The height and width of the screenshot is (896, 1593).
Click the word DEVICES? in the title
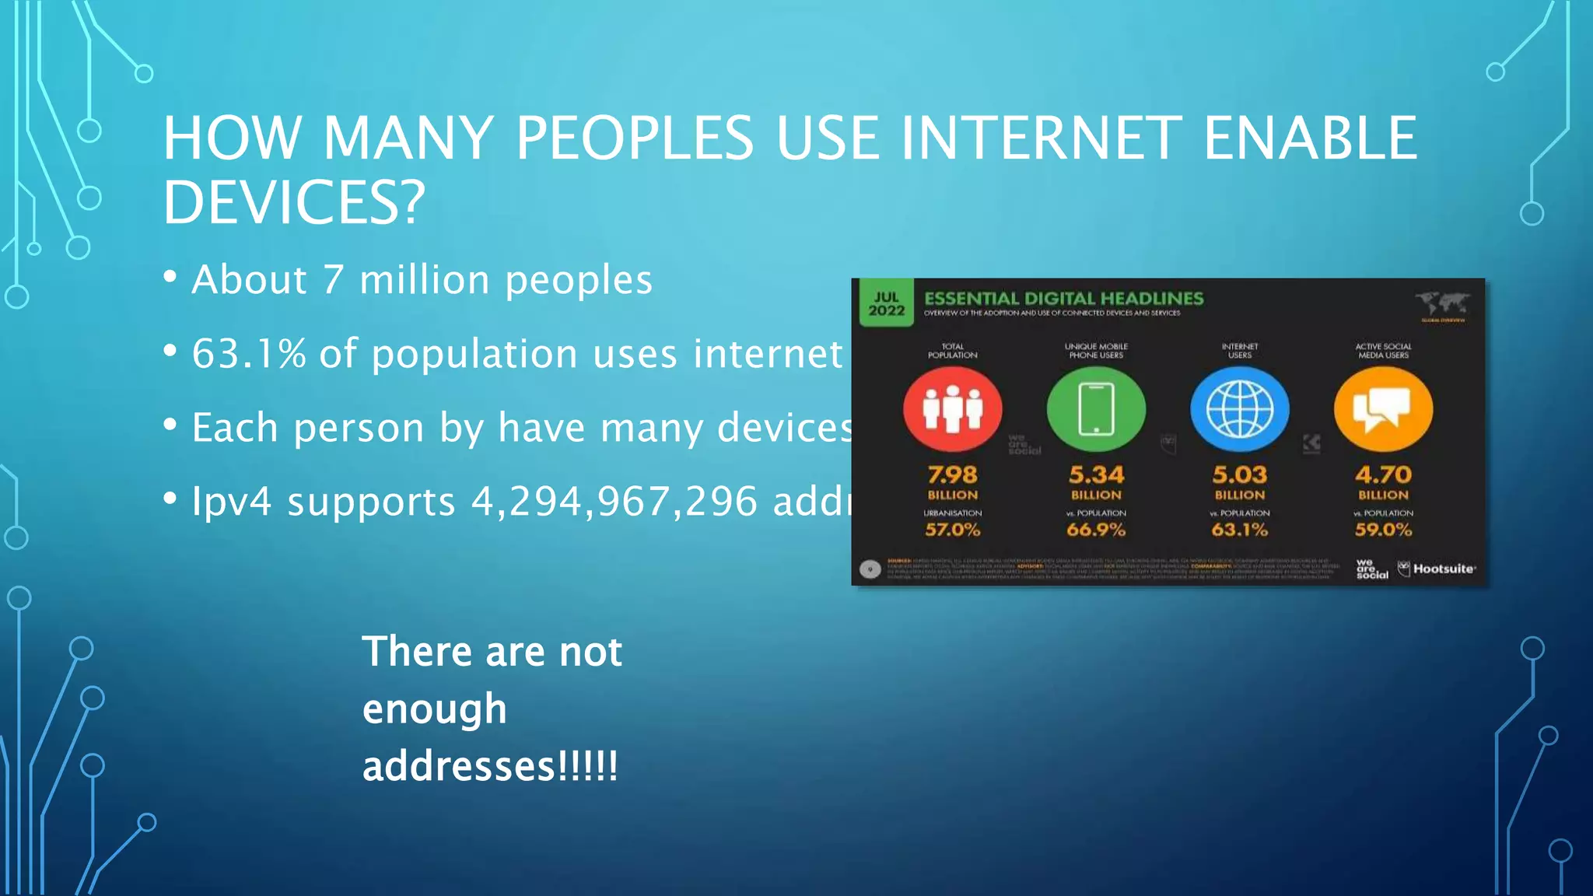[294, 202]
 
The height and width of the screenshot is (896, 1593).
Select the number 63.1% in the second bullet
[249, 354]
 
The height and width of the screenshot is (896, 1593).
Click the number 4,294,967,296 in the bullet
[614, 502]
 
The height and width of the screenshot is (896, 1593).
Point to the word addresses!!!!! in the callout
[490, 766]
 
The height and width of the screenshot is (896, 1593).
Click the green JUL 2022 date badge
[886, 304]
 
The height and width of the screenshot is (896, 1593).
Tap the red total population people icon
[952, 409]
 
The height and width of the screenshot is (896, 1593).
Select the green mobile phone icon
[1096, 409]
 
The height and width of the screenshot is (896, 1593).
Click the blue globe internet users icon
[1240, 409]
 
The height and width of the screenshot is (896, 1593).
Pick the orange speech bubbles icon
[1383, 409]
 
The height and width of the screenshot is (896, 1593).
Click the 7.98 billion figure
[952, 475]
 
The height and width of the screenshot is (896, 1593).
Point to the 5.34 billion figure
[1096, 475]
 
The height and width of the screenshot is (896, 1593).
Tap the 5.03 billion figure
[1240, 475]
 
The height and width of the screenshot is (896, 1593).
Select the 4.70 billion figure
[1383, 475]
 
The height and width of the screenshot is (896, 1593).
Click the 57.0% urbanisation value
[952, 530]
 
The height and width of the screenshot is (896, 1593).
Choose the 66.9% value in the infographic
[1096, 530]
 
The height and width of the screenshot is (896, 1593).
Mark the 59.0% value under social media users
[1383, 530]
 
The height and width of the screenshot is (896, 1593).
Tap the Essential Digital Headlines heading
[1063, 299]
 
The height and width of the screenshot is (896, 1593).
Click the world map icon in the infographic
[1442, 303]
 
